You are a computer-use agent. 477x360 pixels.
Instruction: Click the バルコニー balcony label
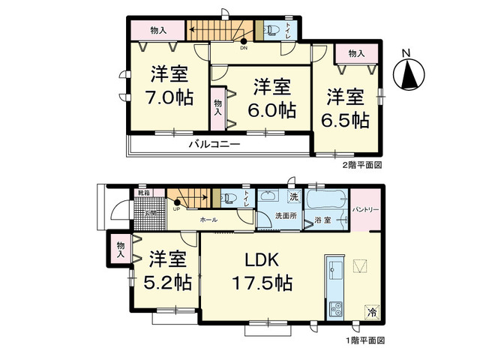[x=214, y=142]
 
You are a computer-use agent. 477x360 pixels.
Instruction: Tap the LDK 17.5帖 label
[x=261, y=271]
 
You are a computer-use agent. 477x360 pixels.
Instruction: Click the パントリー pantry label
[x=366, y=208]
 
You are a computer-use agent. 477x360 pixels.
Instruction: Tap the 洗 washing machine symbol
[x=295, y=196]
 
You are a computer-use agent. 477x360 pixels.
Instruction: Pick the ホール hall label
[x=208, y=220]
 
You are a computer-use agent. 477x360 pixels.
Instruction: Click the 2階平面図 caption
[x=364, y=163]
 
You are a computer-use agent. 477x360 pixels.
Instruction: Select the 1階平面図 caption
[x=364, y=340]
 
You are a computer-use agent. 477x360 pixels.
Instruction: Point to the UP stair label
[x=176, y=209]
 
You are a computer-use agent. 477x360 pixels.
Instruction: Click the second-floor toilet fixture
[x=273, y=31]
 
